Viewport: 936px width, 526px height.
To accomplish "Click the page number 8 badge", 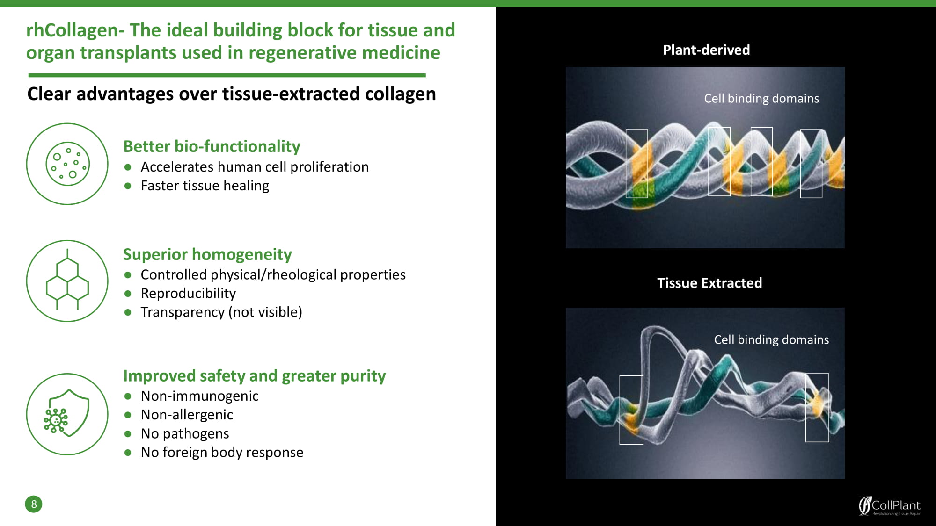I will (34, 504).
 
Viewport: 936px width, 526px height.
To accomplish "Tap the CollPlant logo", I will (889, 506).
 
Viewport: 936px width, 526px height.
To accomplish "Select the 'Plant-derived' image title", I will (706, 50).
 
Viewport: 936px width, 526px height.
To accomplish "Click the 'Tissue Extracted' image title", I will (709, 283).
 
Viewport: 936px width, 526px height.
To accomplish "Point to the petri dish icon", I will (67, 164).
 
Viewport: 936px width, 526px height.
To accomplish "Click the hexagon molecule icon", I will (67, 281).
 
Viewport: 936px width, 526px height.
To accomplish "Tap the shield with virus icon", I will (67, 414).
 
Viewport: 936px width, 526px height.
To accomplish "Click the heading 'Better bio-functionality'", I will (212, 146).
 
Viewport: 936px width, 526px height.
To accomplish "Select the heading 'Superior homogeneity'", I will (207, 254).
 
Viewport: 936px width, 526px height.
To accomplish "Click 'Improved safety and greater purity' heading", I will (254, 376).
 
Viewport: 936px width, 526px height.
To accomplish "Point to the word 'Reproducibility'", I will (188, 294).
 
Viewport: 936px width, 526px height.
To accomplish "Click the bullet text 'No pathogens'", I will (185, 434).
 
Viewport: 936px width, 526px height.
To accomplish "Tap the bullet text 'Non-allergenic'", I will (187, 415).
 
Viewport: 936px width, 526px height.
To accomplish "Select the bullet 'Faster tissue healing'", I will (205, 186).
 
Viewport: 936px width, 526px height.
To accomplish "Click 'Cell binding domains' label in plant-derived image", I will (761, 99).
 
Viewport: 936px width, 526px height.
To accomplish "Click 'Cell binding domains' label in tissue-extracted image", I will (771, 340).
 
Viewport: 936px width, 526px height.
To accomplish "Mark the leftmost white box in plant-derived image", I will (637, 164).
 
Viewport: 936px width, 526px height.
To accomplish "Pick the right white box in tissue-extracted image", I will (817, 408).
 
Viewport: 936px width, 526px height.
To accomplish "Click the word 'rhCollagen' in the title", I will (72, 30).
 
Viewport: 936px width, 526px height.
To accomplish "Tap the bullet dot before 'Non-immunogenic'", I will (128, 396).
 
